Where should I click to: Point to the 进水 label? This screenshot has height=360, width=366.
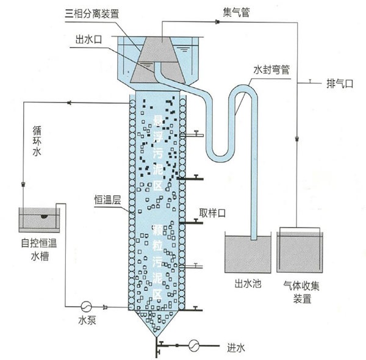click(x=235, y=348)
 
